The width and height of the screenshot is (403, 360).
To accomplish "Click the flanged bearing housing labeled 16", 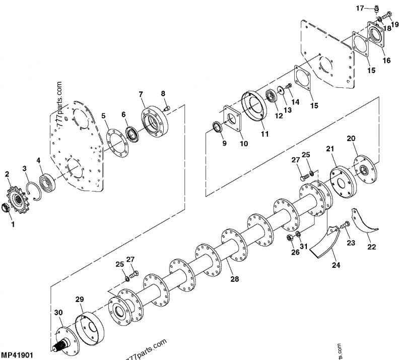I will [295, 102].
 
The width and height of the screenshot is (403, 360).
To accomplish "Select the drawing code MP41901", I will [17, 355].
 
